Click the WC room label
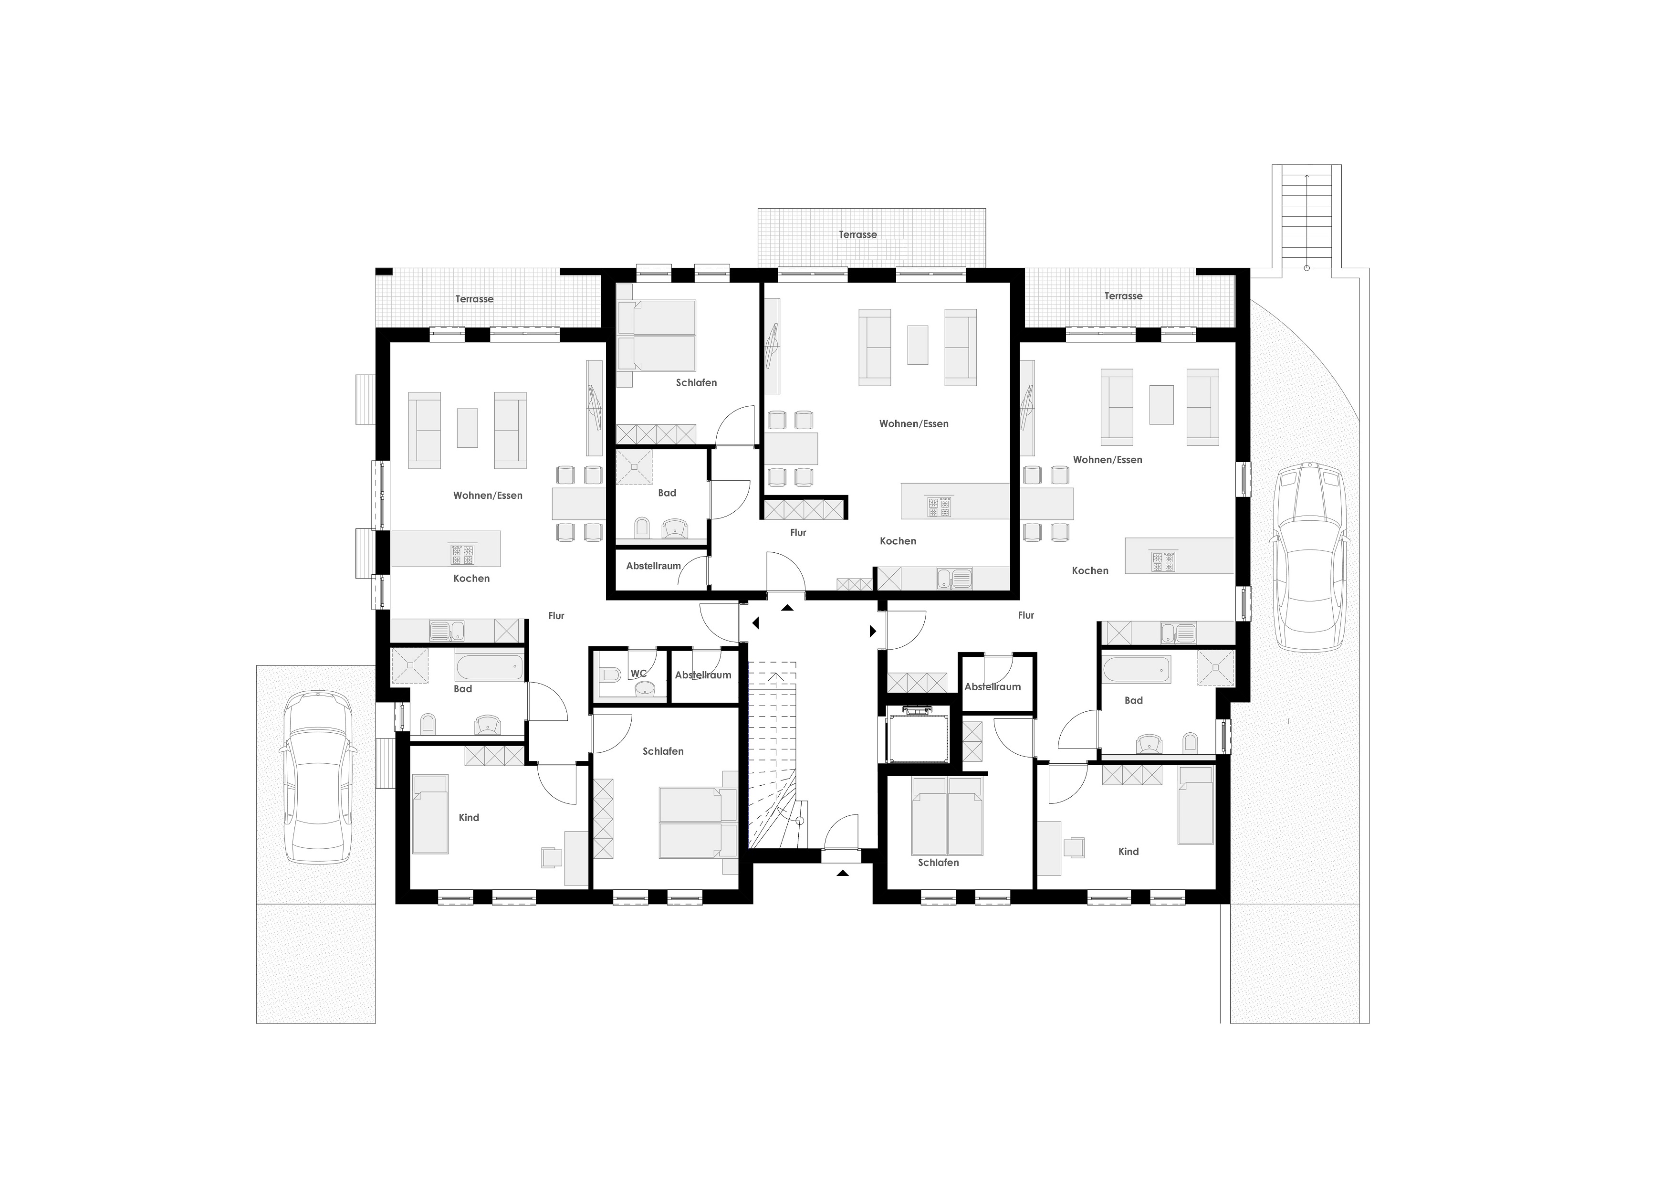[x=638, y=673]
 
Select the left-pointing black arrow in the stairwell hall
[x=756, y=623]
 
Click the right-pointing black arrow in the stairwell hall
[x=873, y=631]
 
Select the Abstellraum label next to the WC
[x=703, y=675]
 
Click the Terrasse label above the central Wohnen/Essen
[x=858, y=234]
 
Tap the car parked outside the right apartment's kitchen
[x=1309, y=557]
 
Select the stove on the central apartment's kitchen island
[x=940, y=506]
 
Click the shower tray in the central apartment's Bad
[x=634, y=467]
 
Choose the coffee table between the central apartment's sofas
[x=918, y=345]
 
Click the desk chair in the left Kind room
[x=551, y=857]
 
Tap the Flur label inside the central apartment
[x=798, y=533]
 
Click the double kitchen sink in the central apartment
[x=954, y=579]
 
